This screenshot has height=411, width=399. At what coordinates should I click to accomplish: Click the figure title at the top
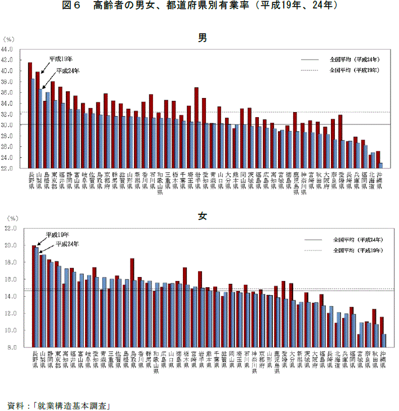click(200, 6)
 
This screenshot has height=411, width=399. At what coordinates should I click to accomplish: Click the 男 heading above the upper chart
click(203, 38)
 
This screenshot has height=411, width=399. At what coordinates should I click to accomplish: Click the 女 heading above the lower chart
click(203, 216)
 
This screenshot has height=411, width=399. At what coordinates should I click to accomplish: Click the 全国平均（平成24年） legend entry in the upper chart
click(354, 59)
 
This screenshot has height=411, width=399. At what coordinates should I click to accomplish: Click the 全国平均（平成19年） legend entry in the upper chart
click(354, 70)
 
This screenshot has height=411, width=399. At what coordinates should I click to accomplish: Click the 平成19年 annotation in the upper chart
click(61, 59)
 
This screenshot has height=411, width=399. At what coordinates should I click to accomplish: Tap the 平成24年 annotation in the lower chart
click(67, 244)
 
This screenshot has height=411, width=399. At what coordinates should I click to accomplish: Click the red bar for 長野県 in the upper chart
click(30, 115)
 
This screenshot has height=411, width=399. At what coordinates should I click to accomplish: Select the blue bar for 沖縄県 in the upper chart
click(381, 166)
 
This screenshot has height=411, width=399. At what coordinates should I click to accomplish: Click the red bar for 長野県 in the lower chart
click(34, 296)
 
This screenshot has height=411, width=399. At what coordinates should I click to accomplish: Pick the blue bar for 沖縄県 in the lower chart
click(384, 341)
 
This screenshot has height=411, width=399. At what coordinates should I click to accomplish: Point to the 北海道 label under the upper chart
click(372, 182)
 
